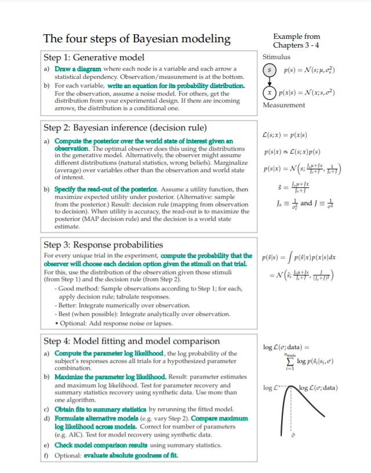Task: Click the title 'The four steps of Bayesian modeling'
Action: [x=137, y=39]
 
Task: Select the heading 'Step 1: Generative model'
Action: [x=94, y=57]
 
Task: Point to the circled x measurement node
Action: [x=270, y=93]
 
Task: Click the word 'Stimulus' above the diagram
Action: [x=277, y=57]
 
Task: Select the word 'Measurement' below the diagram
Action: [x=283, y=105]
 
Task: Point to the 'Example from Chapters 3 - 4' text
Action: [x=296, y=41]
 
